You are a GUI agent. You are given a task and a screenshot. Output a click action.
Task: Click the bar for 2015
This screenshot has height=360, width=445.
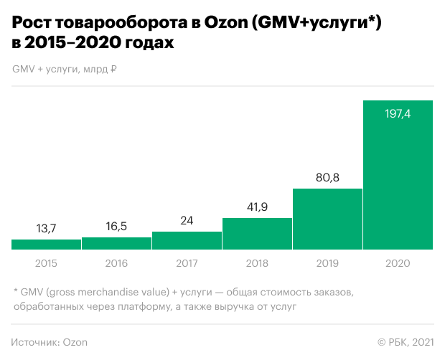47,245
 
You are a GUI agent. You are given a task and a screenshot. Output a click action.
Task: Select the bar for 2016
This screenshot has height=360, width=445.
117,243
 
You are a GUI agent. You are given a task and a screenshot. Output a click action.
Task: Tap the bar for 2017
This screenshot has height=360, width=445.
187,241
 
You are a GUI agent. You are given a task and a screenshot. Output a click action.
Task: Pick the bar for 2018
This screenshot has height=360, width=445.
257,234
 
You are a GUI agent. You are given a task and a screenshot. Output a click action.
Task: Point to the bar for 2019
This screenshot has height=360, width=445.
327,219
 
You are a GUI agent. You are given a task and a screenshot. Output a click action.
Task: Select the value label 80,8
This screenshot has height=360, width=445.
327,176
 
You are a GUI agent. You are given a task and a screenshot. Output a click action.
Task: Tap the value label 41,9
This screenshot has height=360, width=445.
257,206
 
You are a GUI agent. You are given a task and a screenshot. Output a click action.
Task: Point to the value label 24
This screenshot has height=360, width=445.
187,220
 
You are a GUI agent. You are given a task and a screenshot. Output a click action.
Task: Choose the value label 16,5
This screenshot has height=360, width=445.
117,226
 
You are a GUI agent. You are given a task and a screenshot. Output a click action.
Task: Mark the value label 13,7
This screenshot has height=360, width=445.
47,228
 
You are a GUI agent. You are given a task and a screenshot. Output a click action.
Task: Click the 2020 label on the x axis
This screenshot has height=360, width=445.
398,263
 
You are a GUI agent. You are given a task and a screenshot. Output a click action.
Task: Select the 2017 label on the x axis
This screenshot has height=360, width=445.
187,263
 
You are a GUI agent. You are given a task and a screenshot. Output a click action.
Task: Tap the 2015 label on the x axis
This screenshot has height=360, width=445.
47,263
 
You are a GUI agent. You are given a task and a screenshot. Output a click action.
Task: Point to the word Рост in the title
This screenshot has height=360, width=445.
34,24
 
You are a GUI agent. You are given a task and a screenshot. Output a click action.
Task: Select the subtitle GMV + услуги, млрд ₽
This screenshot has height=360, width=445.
65,70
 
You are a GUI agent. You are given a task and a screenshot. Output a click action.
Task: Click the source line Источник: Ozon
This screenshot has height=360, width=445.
50,342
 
